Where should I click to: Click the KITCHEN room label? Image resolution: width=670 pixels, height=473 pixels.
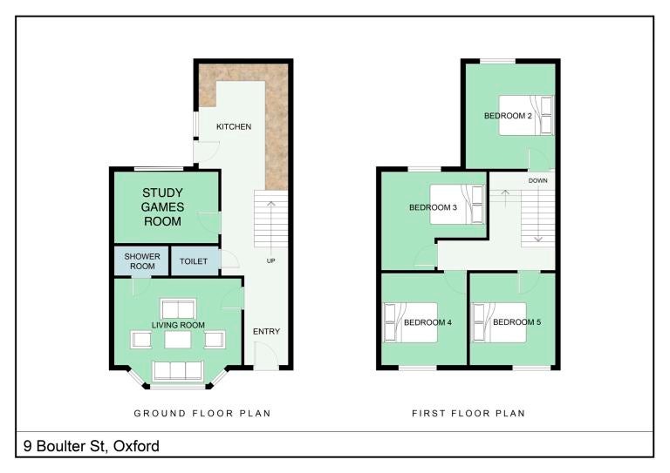234,126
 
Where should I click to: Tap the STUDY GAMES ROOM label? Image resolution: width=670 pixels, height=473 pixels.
162,206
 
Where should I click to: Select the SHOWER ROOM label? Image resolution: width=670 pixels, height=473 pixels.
142,261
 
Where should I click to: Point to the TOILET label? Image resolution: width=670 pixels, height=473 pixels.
194,261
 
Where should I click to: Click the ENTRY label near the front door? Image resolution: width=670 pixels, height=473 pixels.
266,331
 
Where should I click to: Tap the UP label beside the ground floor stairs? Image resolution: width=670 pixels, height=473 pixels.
271,260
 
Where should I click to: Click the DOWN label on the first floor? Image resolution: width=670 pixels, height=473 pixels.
538,180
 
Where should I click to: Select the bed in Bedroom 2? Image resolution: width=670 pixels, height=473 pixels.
526,115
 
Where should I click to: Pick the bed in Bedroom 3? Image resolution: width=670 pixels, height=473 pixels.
457,205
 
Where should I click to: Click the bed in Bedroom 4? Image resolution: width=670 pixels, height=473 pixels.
411,322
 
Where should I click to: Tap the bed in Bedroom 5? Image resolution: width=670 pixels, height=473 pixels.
499,322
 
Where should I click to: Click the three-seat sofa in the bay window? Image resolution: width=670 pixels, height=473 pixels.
178,370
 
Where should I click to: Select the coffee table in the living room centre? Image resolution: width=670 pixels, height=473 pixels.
178,340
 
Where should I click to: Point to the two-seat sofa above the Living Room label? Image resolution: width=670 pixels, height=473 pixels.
178,308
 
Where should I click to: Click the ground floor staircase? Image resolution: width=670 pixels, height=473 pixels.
271,219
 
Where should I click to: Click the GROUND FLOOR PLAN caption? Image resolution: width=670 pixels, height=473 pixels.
202,413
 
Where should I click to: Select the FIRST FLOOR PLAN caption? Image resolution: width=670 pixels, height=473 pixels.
468,413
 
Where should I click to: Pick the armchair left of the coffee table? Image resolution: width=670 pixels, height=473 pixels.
141,340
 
